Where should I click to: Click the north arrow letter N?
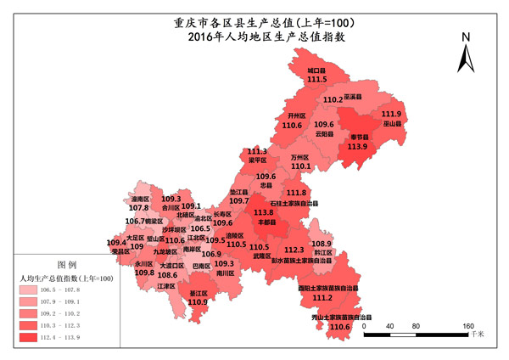coord(466,38)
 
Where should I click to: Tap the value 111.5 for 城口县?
coord(317,79)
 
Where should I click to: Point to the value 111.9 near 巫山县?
coord(391,115)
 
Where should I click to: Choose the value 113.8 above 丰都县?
coord(264,211)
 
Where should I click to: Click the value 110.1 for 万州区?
coord(300,166)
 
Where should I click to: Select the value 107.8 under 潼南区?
coord(139,207)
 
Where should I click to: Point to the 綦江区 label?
coord(198,292)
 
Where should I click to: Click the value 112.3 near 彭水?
coord(294,250)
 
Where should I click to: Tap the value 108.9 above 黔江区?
coord(322,244)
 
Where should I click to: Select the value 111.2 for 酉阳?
coord(322,298)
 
